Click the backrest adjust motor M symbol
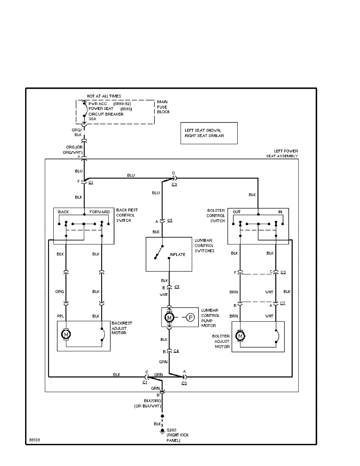pyautogui.click(x=65, y=334)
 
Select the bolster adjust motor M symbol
pyautogui.click(x=240, y=336)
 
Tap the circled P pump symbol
pyautogui.click(x=190, y=317)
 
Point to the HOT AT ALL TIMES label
pyautogui.click(x=104, y=96)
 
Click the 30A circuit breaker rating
pyautogui.click(x=92, y=119)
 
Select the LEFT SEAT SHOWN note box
pyautogui.click(x=208, y=133)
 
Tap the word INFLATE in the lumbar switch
pyautogui.click(x=177, y=255)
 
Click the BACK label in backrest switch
pyautogui.click(x=64, y=212)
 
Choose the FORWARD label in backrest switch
pyautogui.click(x=99, y=212)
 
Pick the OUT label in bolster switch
pyautogui.click(x=236, y=212)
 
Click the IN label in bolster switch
pyautogui.click(x=280, y=212)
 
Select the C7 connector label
pyautogui.click(x=283, y=304)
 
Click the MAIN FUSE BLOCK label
pyautogui.click(x=164, y=107)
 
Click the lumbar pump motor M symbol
pyautogui.click(x=169, y=317)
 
